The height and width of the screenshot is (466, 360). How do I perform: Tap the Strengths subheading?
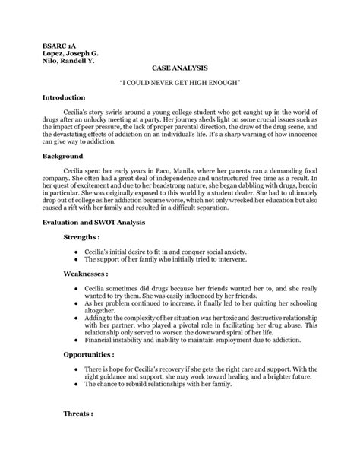pyautogui.click(x=81, y=237)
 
